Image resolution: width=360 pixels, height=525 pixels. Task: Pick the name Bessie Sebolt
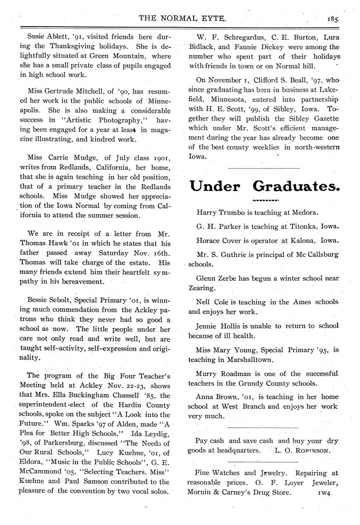pyautogui.click(x=48, y=299)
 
